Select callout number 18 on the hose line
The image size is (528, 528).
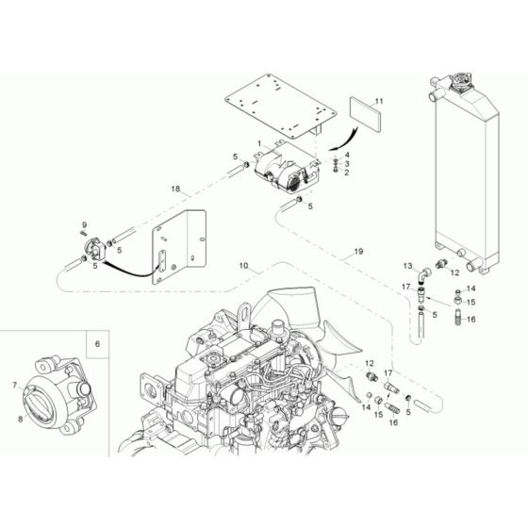click(x=175, y=190)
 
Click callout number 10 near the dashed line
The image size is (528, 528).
click(x=243, y=268)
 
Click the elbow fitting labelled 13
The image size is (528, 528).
click(x=425, y=273)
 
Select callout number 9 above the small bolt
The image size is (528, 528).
click(x=83, y=224)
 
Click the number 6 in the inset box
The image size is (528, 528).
click(x=96, y=346)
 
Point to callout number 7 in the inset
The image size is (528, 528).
click(x=13, y=385)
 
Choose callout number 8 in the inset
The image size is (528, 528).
click(x=20, y=407)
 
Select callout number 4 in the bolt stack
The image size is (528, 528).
click(x=347, y=155)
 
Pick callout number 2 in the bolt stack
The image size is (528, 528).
click(x=347, y=173)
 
